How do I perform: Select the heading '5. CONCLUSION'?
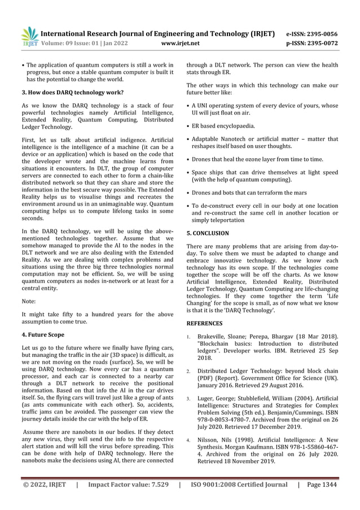[x=208, y=233]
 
